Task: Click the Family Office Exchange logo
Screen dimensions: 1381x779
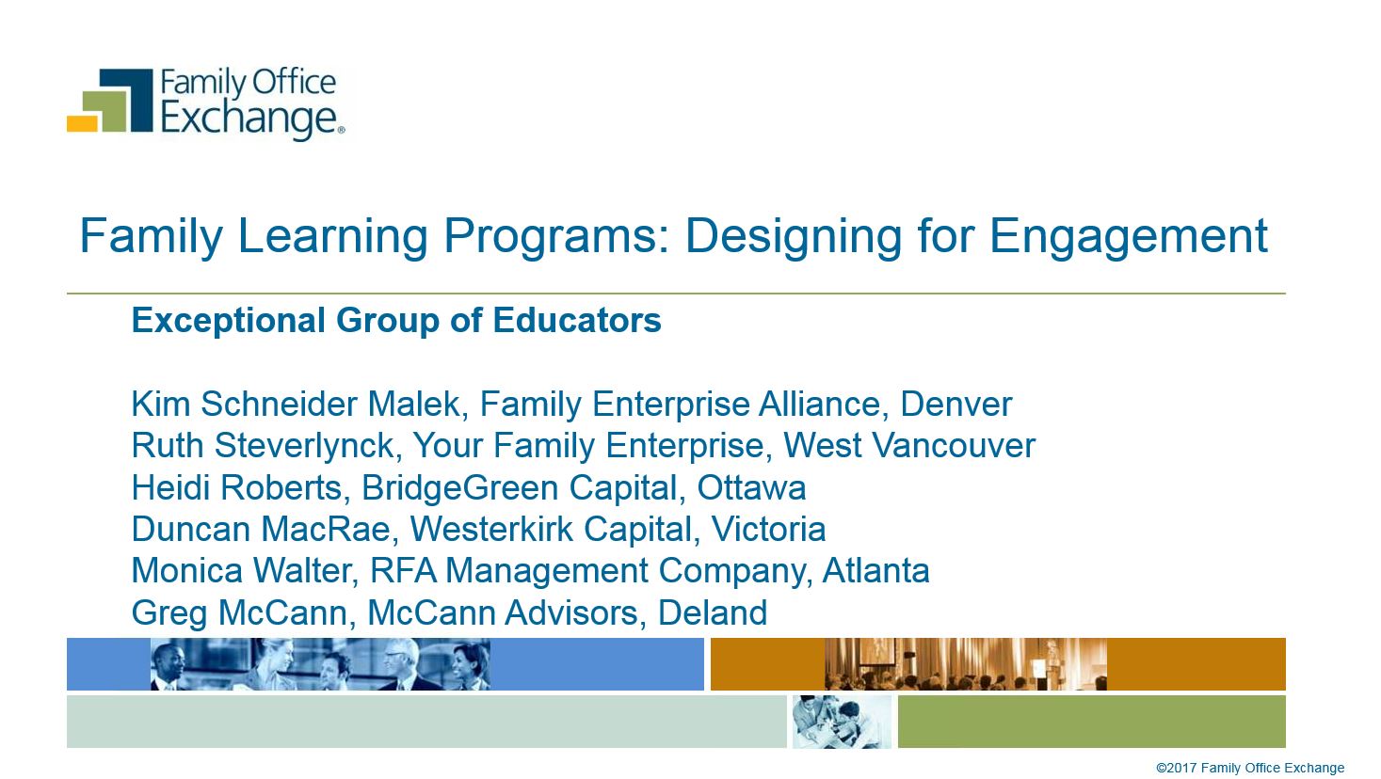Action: [x=206, y=103]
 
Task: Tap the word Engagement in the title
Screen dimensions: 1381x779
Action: [x=1128, y=237]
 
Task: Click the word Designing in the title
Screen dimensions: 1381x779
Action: [x=795, y=237]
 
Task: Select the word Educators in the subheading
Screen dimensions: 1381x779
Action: [x=577, y=321]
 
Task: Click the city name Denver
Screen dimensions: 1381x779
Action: [x=956, y=405]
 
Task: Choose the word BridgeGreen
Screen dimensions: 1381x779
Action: [x=459, y=488]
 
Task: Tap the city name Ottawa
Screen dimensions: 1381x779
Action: [x=751, y=487]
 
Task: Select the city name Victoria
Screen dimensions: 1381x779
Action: [x=768, y=530]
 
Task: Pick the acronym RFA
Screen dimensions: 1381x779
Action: [x=403, y=571]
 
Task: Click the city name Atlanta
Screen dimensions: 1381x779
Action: [x=875, y=571]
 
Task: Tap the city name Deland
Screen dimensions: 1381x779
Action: [x=712, y=612]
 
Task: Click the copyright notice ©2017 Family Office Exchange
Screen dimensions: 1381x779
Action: [x=1250, y=768]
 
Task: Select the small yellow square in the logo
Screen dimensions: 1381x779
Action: [x=82, y=123]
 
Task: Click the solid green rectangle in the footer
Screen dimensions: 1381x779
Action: [x=1091, y=722]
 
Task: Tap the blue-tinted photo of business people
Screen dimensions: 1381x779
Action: [x=321, y=664]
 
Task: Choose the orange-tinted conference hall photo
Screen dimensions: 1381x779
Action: [x=966, y=664]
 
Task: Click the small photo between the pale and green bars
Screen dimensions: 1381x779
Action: [x=843, y=722]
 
